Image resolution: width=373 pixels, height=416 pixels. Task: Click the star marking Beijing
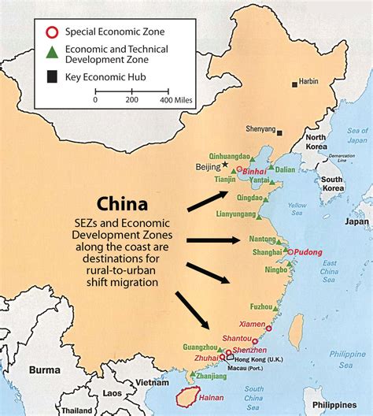pos(225,165)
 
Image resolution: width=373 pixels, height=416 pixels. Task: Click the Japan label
pos(356,221)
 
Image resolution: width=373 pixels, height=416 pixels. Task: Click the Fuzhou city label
pos(260,306)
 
